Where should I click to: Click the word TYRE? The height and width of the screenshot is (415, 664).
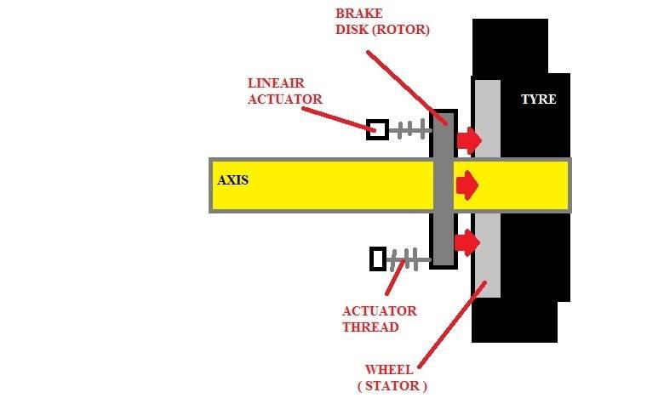538,99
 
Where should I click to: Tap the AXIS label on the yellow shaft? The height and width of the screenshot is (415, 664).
232,180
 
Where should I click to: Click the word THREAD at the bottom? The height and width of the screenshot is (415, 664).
369,327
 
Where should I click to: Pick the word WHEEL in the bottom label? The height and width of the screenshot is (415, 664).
388,370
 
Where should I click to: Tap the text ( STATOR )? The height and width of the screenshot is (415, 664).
392,386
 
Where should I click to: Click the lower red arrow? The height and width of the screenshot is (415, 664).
467,243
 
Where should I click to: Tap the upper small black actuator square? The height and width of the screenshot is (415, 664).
378,129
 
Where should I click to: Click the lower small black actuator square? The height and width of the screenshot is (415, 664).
378,258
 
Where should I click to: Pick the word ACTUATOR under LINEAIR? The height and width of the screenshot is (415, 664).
284,99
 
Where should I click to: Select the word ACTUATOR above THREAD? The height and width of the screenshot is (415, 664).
379,311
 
